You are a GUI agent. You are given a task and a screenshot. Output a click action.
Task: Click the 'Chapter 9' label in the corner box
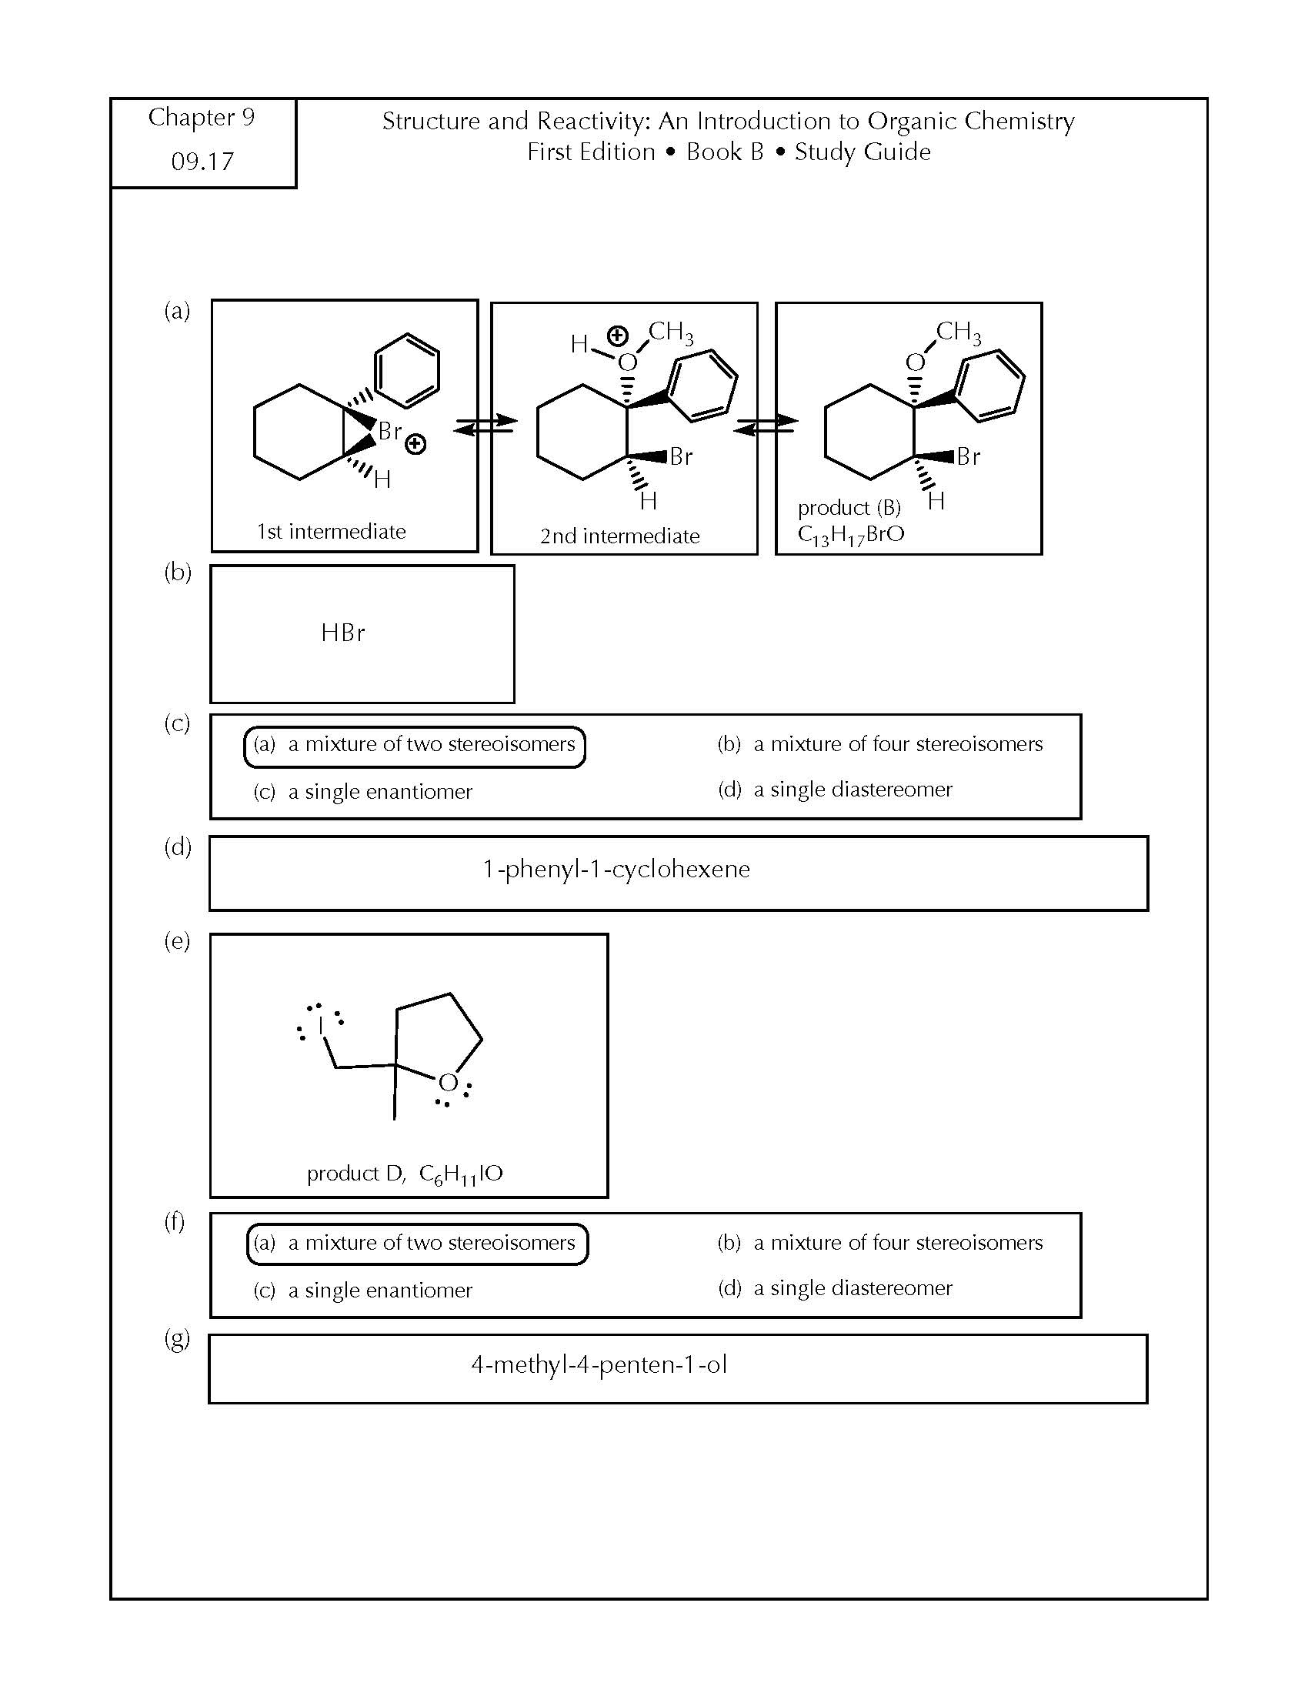point(202,117)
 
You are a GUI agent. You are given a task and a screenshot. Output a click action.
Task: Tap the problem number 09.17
point(202,162)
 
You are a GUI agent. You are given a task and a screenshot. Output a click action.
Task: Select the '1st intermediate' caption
point(331,532)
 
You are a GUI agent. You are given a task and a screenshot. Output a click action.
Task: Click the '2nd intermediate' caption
point(620,536)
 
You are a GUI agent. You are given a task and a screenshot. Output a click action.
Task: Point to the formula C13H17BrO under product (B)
point(851,535)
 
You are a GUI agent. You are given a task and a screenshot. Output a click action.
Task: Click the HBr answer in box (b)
point(342,633)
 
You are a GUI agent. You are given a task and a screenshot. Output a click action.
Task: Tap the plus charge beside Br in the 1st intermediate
point(415,444)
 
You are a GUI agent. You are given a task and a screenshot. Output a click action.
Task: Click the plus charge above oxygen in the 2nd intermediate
point(617,336)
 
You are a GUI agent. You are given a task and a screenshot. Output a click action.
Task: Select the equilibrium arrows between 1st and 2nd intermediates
point(485,424)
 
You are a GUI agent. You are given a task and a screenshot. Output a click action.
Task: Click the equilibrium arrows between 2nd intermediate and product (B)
point(765,424)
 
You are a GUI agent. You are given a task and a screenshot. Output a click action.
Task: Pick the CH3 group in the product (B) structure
point(959,332)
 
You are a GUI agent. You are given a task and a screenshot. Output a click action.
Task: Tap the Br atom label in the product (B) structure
point(968,456)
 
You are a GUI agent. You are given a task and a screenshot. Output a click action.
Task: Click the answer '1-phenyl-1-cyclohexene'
point(616,870)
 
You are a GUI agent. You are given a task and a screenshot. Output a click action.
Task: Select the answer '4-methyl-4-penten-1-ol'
point(599,1365)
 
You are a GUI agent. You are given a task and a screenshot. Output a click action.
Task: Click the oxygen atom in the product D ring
point(448,1083)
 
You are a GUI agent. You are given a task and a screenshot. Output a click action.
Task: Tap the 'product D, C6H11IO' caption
point(405,1174)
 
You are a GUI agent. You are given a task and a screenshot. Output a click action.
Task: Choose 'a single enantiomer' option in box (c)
point(362,791)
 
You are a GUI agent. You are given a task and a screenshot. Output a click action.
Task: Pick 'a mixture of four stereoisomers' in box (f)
point(880,1243)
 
